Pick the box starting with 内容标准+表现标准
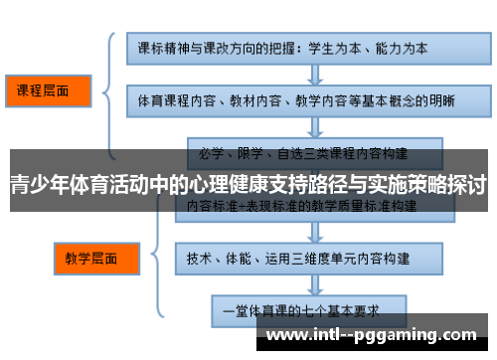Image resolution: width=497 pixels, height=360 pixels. pyautogui.click(x=289, y=205)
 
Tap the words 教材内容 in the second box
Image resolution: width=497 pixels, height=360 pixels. pyautogui.click(x=253, y=99)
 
